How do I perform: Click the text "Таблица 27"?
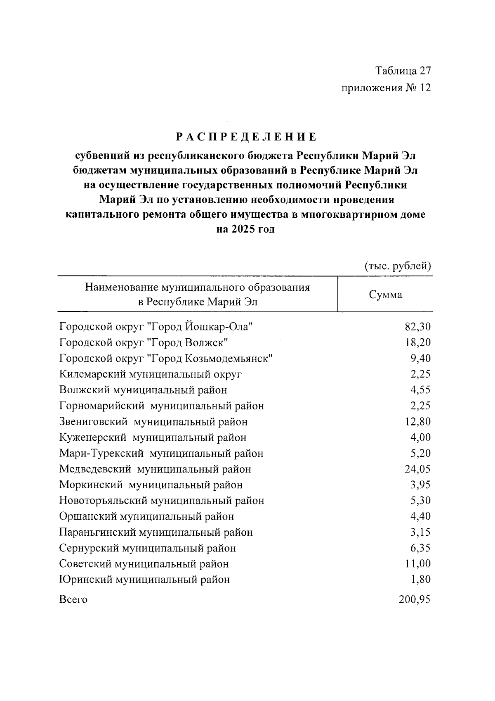[403, 71]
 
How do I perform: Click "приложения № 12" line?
[386, 88]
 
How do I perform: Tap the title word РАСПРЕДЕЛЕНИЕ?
[246, 137]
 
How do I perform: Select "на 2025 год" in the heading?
[245, 229]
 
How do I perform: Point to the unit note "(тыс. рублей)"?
[398, 266]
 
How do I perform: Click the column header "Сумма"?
[385, 295]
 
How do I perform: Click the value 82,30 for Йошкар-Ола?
[417, 327]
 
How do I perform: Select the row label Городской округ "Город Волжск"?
[144, 342]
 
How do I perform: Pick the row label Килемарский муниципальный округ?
[151, 374]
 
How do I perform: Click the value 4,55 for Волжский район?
[420, 390]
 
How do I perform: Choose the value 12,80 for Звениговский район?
[417, 422]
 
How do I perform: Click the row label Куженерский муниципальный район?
[153, 437]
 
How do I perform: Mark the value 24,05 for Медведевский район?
[417, 469]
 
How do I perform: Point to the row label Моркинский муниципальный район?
[151, 485]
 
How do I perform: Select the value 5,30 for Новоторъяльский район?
[420, 501]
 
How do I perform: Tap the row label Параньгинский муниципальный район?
[156, 532]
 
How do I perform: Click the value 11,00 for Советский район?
[417, 564]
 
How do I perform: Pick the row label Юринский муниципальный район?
[144, 580]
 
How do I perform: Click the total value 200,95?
[415, 599]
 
